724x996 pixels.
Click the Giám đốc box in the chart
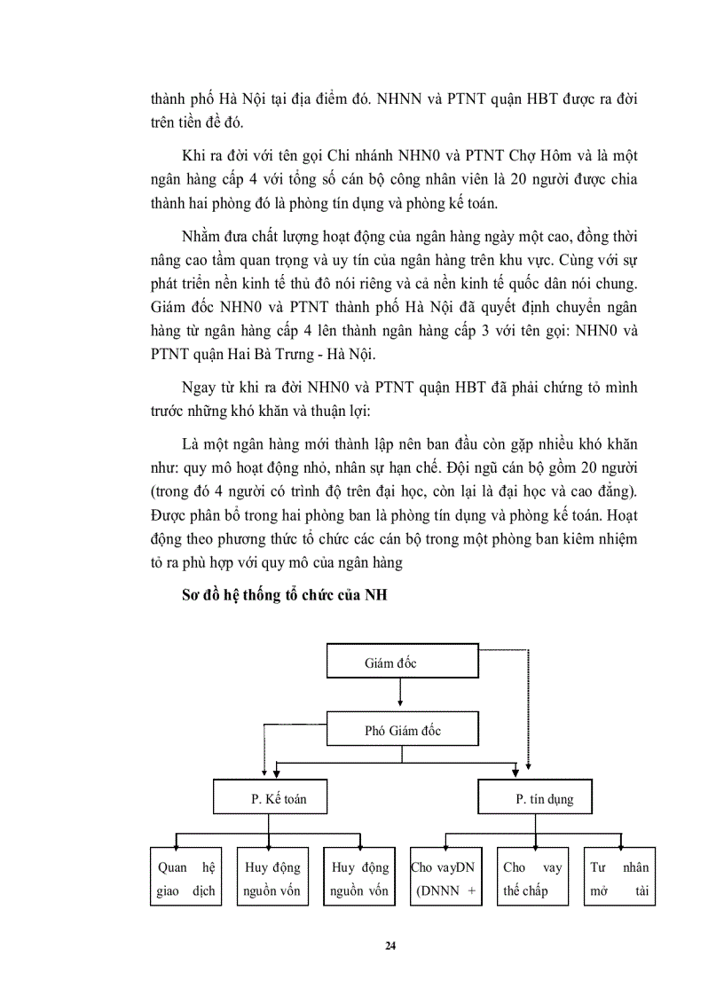pos(403,663)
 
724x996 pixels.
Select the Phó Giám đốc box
pos(403,731)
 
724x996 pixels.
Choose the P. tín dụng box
pos(544,799)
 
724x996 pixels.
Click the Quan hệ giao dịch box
pos(185,879)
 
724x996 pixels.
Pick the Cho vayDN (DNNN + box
pos(445,879)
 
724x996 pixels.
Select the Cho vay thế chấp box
pos(532,879)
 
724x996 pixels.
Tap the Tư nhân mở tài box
pos(619,879)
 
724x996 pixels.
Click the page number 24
pos(390,945)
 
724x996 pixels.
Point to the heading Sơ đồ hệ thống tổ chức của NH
pos(280,596)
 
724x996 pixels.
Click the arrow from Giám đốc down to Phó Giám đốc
pos(403,694)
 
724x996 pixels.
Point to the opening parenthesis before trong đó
pos(153,491)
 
